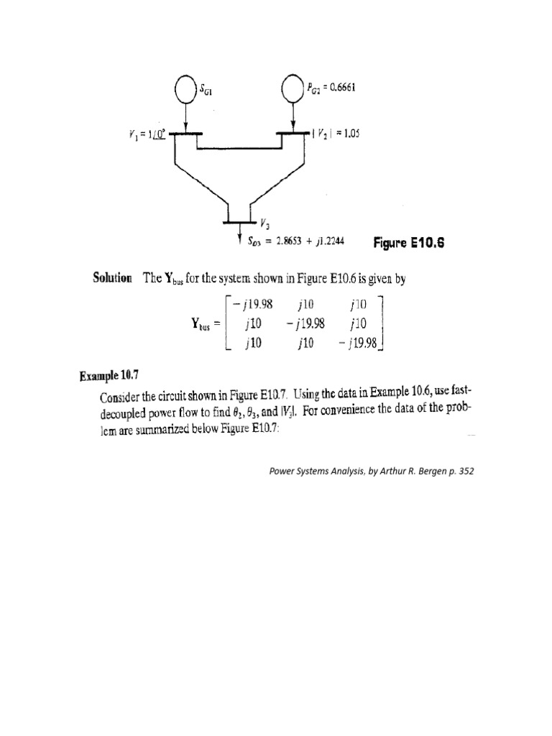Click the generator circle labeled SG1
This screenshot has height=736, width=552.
click(185, 90)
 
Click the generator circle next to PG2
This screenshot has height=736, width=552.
click(293, 89)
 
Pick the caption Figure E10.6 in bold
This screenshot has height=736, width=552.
click(410, 243)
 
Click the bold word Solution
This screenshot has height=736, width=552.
click(114, 280)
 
